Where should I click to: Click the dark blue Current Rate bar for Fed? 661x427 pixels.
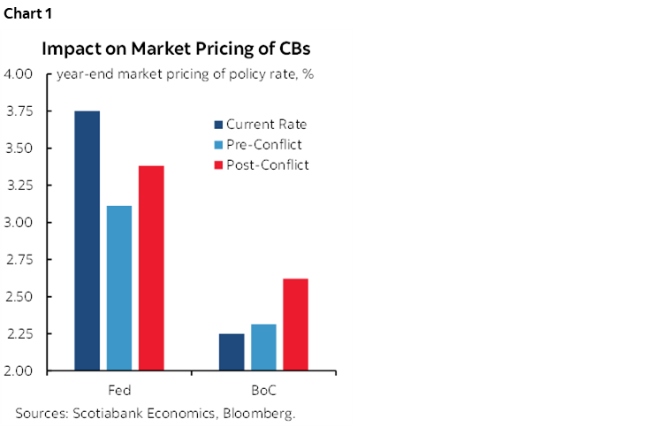pos(87,240)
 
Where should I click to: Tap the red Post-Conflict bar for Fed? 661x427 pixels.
pos(150,268)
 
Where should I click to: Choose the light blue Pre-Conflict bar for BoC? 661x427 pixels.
pos(263,347)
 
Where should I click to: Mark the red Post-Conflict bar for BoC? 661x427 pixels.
pos(295,324)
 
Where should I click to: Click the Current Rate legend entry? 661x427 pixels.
pos(260,124)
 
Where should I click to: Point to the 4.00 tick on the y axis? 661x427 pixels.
pos(19,74)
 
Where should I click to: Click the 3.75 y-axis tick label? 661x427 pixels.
pos(19,111)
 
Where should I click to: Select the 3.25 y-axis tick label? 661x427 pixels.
pos(19,186)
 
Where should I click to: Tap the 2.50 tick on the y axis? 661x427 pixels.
pos(19,297)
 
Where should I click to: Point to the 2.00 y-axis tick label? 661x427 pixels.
pos(19,371)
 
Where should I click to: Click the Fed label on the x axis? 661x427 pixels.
pos(118,390)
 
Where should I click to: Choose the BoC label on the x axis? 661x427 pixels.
pos(263,390)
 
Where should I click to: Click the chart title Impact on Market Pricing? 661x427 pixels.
pos(176,48)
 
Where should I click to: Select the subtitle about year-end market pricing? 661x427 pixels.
pos(186,74)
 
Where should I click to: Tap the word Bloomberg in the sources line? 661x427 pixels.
pos(263,413)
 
